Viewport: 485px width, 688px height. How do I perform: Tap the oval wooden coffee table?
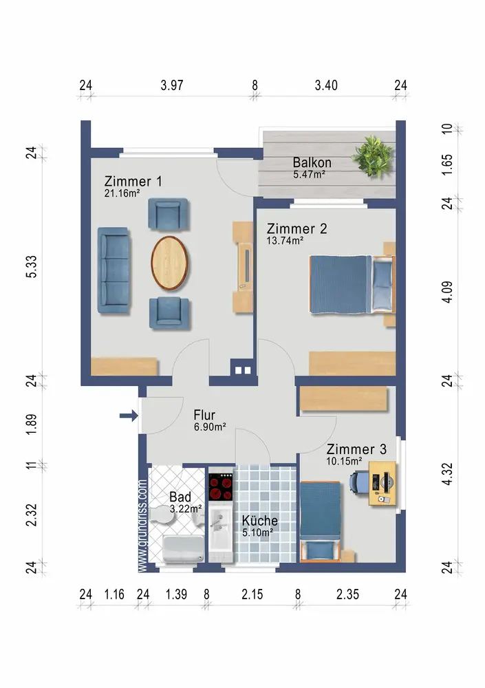coord(170,263)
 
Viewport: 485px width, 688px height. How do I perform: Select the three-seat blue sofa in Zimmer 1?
coord(114,270)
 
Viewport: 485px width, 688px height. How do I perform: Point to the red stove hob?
coord(220,488)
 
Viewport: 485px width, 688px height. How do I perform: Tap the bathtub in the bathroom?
coord(184,548)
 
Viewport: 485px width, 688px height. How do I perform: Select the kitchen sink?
coord(220,526)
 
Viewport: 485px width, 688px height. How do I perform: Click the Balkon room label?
coord(312,162)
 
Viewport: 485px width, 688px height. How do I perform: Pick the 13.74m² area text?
coord(285,240)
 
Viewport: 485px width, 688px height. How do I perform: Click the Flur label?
coord(204,415)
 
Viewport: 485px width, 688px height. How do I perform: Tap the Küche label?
coord(260,520)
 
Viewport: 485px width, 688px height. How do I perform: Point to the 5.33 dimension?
coord(32,267)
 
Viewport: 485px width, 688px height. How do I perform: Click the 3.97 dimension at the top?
coord(172,85)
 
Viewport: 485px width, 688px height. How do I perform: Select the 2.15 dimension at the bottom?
coord(252,594)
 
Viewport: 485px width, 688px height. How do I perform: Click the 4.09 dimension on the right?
coord(446,292)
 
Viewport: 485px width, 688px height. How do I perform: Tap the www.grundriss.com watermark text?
coord(142,526)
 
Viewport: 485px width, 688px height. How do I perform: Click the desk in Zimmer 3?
coord(382,483)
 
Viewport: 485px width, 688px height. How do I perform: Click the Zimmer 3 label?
coord(356,449)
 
